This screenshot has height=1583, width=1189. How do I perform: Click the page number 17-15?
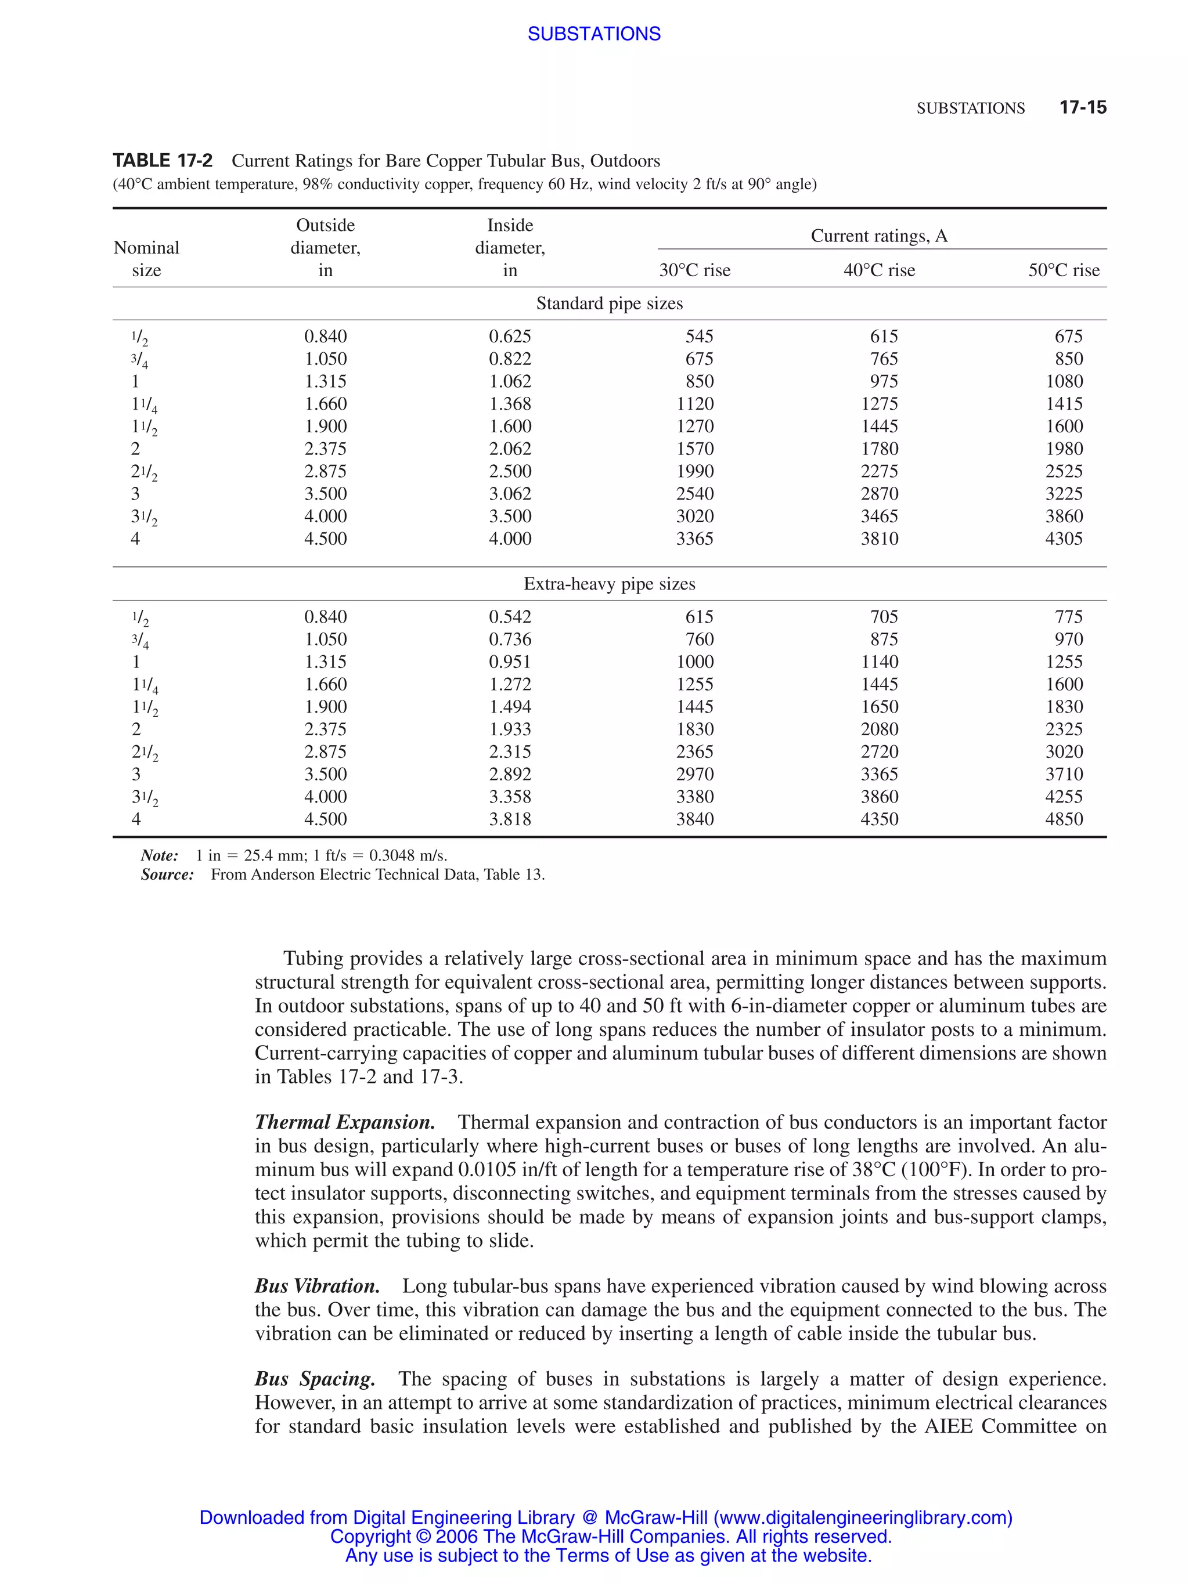[1082, 107]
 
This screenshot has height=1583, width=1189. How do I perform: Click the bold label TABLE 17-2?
[163, 160]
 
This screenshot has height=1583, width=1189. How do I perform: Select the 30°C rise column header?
[694, 270]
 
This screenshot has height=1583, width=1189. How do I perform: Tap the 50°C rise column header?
[1063, 270]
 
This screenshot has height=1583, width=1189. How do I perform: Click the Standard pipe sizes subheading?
[609, 303]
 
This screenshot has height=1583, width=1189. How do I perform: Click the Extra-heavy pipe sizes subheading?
[609, 583]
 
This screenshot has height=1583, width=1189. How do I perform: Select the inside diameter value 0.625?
[510, 337]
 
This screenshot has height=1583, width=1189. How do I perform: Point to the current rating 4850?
[1063, 819]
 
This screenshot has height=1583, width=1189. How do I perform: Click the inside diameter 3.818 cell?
[510, 819]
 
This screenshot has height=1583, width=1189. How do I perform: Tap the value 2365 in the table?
[694, 751]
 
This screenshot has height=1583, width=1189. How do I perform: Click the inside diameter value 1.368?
[510, 404]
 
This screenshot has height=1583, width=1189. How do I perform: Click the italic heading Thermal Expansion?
[344, 1122]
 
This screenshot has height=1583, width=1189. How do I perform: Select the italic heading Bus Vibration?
[317, 1286]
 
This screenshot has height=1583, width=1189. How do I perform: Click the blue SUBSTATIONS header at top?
[593, 34]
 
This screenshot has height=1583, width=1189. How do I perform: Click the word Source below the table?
[167, 874]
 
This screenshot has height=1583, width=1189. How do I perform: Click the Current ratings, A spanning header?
[878, 236]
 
